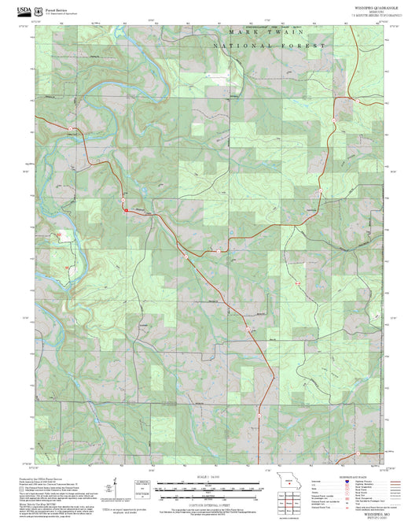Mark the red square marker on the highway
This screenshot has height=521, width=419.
[x=124, y=209]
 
